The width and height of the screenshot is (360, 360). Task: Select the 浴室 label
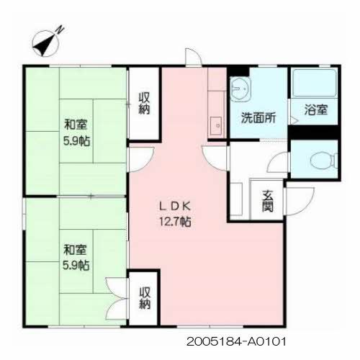[x=316, y=110]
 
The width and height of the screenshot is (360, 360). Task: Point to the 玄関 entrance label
[x=267, y=199]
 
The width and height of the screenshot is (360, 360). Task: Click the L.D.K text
[x=175, y=207]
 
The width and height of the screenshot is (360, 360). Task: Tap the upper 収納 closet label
[x=145, y=103]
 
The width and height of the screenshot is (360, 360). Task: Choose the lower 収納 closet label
[x=145, y=297]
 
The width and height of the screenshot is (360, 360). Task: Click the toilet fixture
[x=318, y=160]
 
